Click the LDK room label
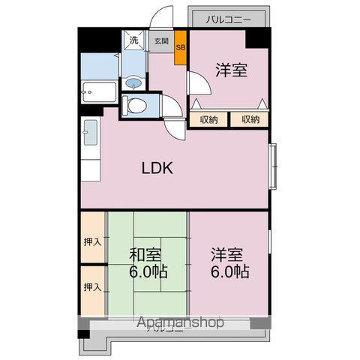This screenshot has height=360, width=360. tap(158, 168)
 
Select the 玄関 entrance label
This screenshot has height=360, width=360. tap(161, 42)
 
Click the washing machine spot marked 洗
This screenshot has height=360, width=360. tap(133, 40)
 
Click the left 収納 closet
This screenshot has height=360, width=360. tap(209, 119)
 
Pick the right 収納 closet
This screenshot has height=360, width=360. tap(250, 119)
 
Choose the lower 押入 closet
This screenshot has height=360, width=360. tap(92, 287)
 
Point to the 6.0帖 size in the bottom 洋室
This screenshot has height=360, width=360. tap(229, 271)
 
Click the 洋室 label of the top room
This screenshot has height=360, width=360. tap(232, 71)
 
